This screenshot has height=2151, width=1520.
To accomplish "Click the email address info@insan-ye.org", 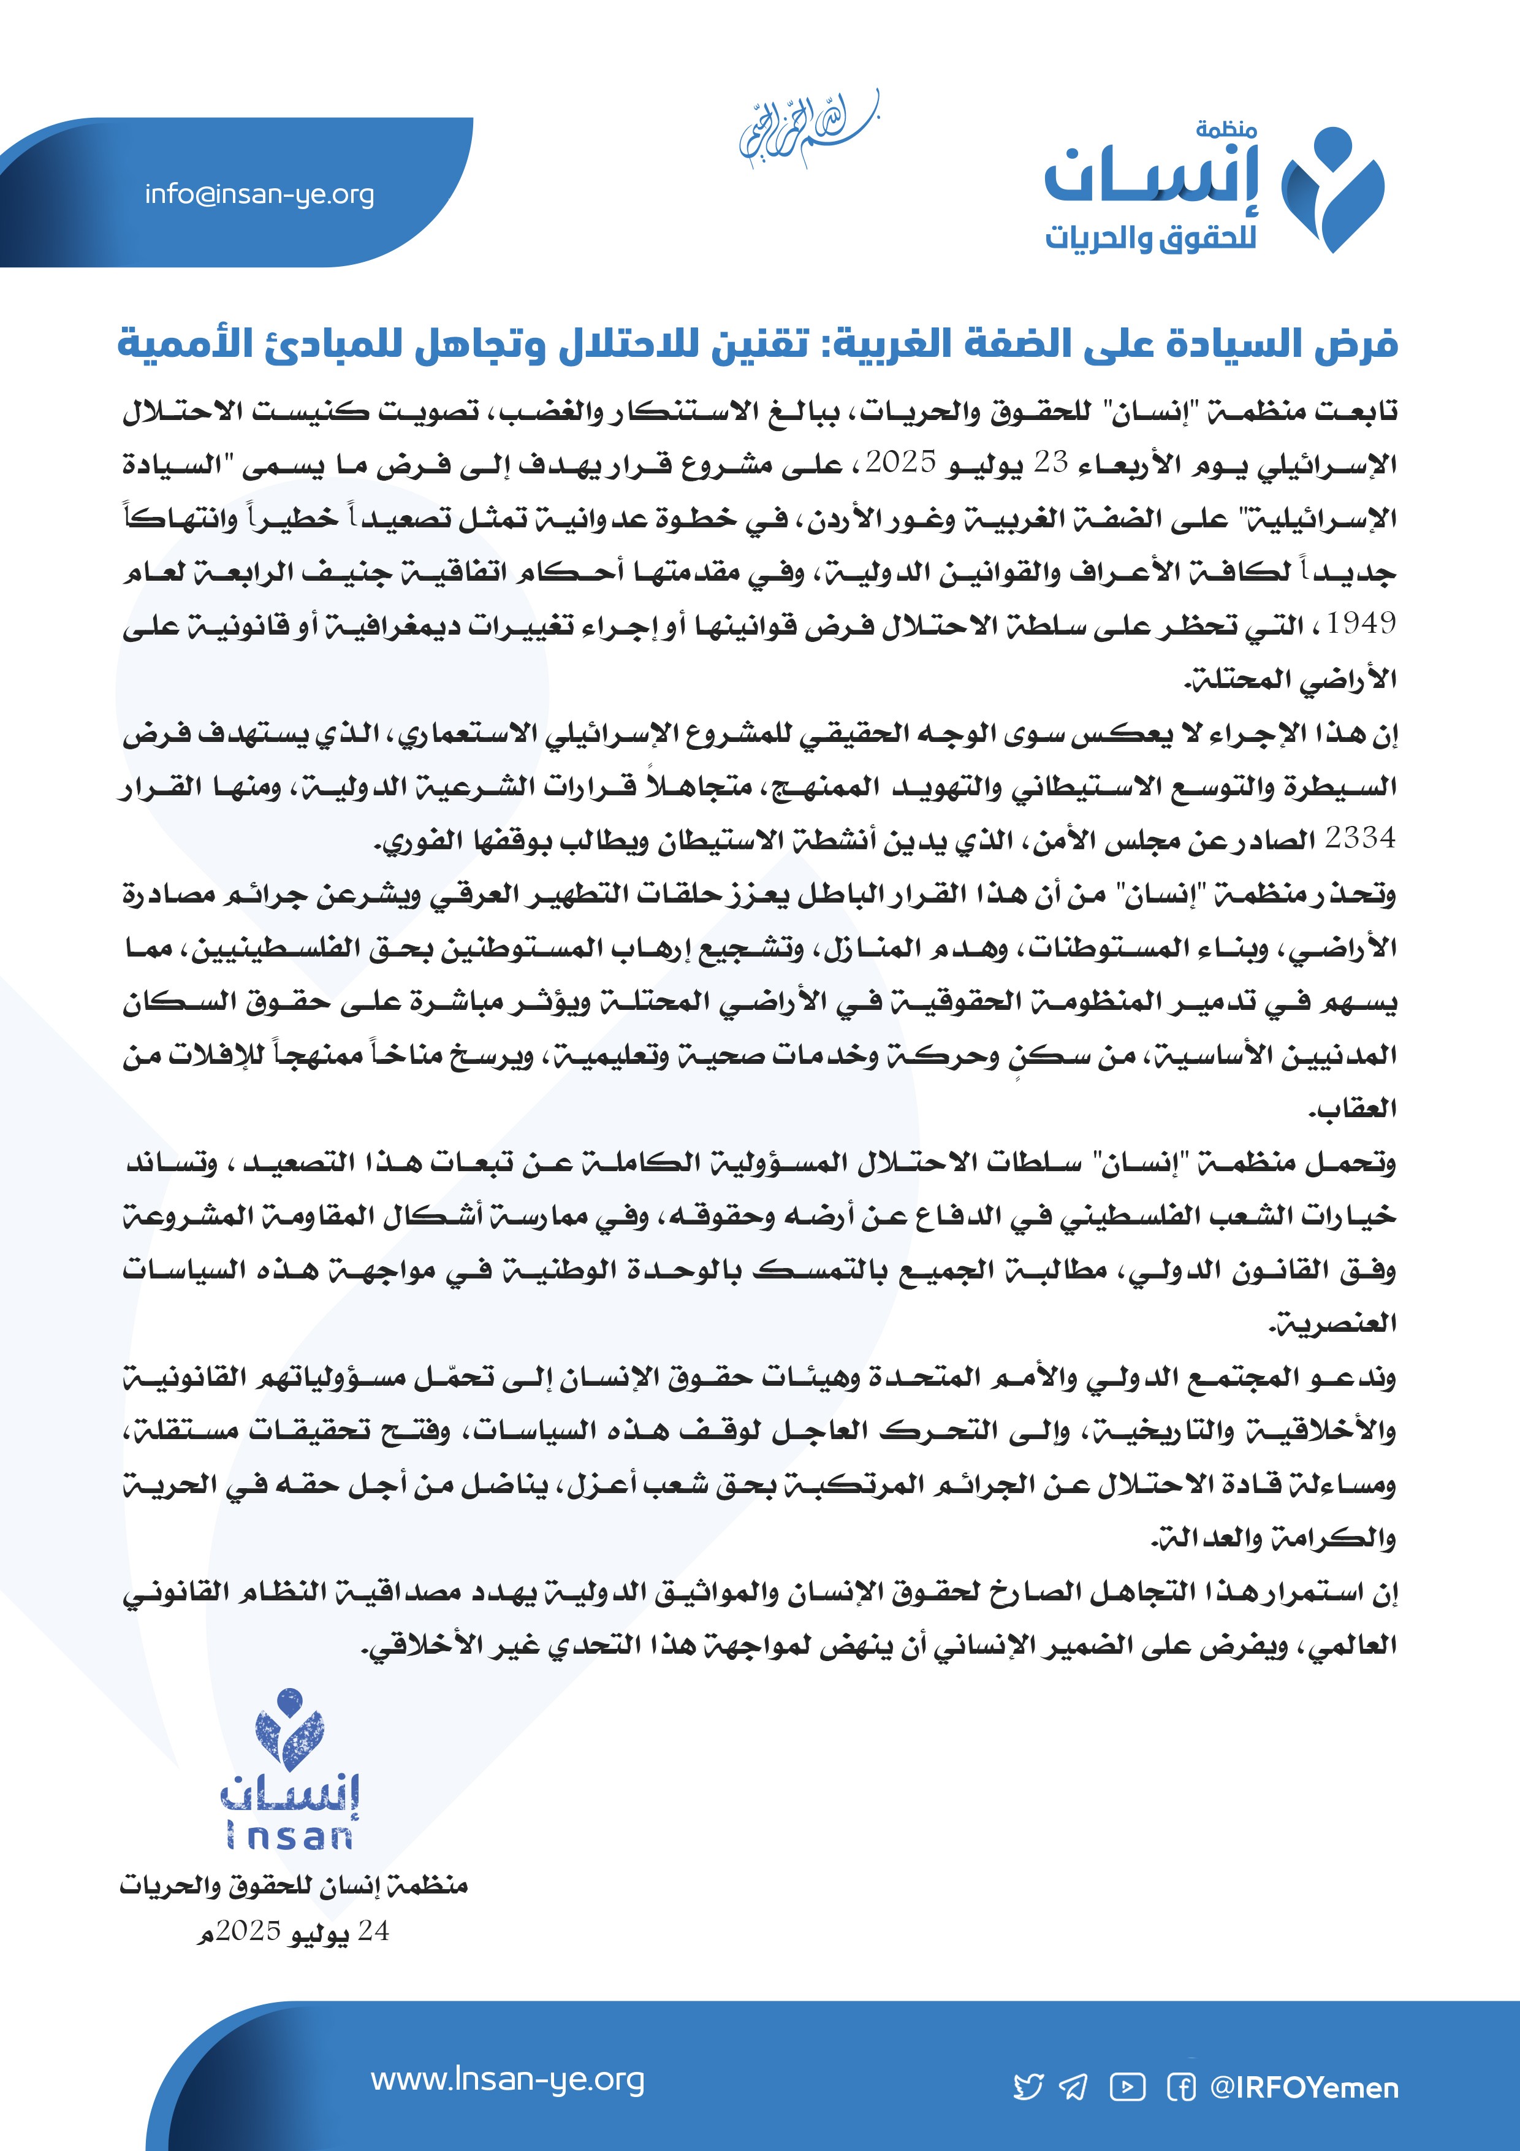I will pos(259,195).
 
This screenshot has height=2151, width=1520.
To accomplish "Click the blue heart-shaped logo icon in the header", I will pos(1332,189).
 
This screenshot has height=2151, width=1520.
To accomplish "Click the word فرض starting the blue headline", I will pos(1362,345).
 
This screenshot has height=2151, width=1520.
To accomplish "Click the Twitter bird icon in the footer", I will pos(1028,2087).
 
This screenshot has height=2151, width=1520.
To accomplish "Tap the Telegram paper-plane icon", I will pos(1073,2087).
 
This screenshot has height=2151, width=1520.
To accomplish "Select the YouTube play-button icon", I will pos(1128,2087).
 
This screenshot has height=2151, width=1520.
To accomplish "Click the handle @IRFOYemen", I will pos(1305,2087).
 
